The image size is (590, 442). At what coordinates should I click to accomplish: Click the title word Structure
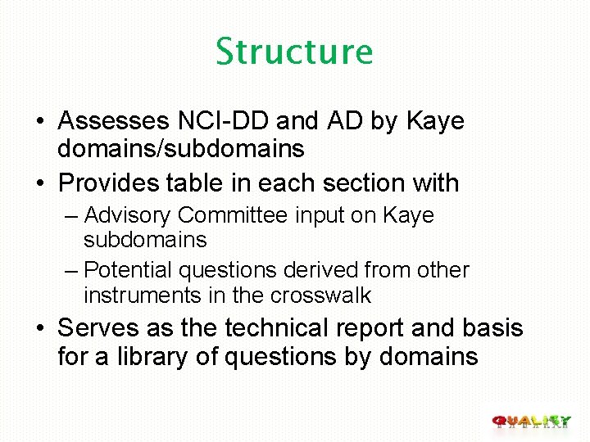pyautogui.click(x=294, y=51)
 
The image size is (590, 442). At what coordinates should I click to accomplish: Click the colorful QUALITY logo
pyautogui.click(x=531, y=421)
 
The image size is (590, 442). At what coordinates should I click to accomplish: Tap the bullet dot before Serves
pyautogui.click(x=40, y=329)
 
